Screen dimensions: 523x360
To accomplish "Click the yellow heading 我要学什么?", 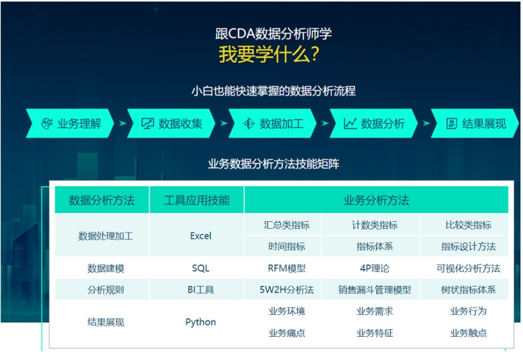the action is [269, 53].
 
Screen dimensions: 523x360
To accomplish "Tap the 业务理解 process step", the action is [70, 123].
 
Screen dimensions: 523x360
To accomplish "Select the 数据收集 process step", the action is [171, 123].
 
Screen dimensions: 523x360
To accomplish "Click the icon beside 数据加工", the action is [249, 123].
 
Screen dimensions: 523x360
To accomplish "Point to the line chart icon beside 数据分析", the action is [350, 123].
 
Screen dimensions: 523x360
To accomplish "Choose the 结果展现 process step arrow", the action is [475, 123].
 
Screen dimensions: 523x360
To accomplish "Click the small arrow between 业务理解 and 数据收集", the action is [123, 123].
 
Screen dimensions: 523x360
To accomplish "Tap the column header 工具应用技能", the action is [197, 200].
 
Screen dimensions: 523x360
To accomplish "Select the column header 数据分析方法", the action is [102, 200].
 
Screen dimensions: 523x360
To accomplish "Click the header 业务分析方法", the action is [376, 200].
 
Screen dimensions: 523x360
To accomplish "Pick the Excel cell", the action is [200, 236].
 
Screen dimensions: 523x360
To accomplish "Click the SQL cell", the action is [200, 268].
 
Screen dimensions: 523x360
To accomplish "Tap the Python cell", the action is [200, 322].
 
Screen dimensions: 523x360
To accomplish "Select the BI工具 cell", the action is [200, 290].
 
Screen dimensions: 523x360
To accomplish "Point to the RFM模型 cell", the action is [286, 268].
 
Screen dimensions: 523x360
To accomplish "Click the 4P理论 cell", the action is [375, 268].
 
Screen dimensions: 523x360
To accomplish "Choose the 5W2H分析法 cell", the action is [286, 290].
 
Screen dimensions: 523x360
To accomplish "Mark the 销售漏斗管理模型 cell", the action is [375, 290].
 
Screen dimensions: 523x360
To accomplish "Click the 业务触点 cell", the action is [468, 332].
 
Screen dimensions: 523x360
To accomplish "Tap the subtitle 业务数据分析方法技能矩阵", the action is [274, 164].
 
